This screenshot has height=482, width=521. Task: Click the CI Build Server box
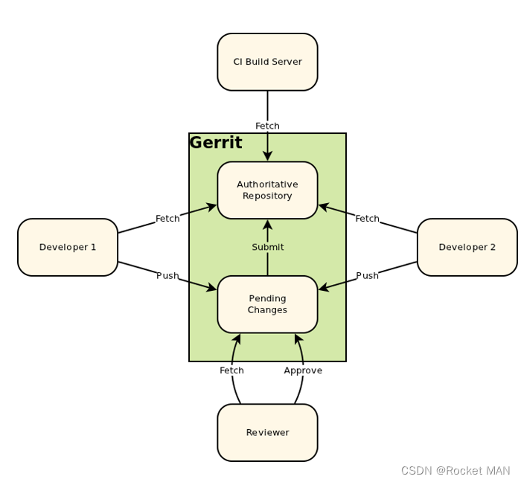pyautogui.click(x=267, y=62)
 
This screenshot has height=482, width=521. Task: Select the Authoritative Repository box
pyautogui.click(x=267, y=190)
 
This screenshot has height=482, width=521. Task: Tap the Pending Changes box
pyautogui.click(x=267, y=304)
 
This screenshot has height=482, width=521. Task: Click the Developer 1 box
pyautogui.click(x=68, y=247)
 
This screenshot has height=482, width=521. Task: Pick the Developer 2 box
pyautogui.click(x=467, y=247)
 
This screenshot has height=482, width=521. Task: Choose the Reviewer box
pyautogui.click(x=267, y=432)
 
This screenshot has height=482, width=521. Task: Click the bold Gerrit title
pyautogui.click(x=216, y=143)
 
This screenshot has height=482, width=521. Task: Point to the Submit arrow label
pyautogui.click(x=267, y=247)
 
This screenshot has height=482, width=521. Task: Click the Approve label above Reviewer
pyautogui.click(x=303, y=370)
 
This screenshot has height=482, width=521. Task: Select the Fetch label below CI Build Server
pyautogui.click(x=267, y=126)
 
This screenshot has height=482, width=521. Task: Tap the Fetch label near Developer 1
pyautogui.click(x=167, y=219)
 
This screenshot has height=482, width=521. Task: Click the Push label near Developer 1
pyautogui.click(x=167, y=275)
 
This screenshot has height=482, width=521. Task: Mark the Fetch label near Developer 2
pyautogui.click(x=367, y=219)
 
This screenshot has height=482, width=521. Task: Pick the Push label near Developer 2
pyautogui.click(x=367, y=275)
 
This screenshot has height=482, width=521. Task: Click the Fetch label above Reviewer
pyautogui.click(x=231, y=370)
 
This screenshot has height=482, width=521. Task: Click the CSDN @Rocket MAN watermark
pyautogui.click(x=456, y=471)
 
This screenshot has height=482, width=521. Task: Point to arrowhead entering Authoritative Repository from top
pyautogui.click(x=267, y=156)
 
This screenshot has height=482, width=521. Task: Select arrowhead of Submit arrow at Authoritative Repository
pyautogui.click(x=267, y=225)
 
